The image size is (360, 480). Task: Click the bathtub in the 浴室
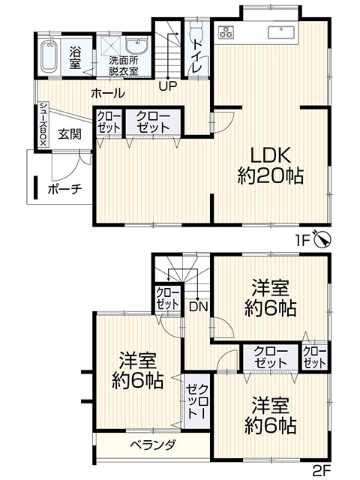[x=49, y=55]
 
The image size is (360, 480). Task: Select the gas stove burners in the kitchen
[x=226, y=31]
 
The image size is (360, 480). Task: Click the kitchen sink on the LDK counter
[x=281, y=32]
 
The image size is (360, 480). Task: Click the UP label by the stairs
[x=168, y=86]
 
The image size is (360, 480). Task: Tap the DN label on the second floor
[x=198, y=307]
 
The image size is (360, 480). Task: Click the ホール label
[x=108, y=93]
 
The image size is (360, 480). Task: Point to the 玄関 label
[x=70, y=133]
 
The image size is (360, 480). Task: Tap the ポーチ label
[x=65, y=190]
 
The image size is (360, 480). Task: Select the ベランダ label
[x=154, y=444]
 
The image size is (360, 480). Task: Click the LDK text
[x=271, y=156]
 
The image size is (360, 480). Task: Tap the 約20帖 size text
[x=271, y=176]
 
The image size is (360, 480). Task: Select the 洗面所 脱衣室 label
[x=124, y=65]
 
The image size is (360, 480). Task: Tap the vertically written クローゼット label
[x=197, y=401]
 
